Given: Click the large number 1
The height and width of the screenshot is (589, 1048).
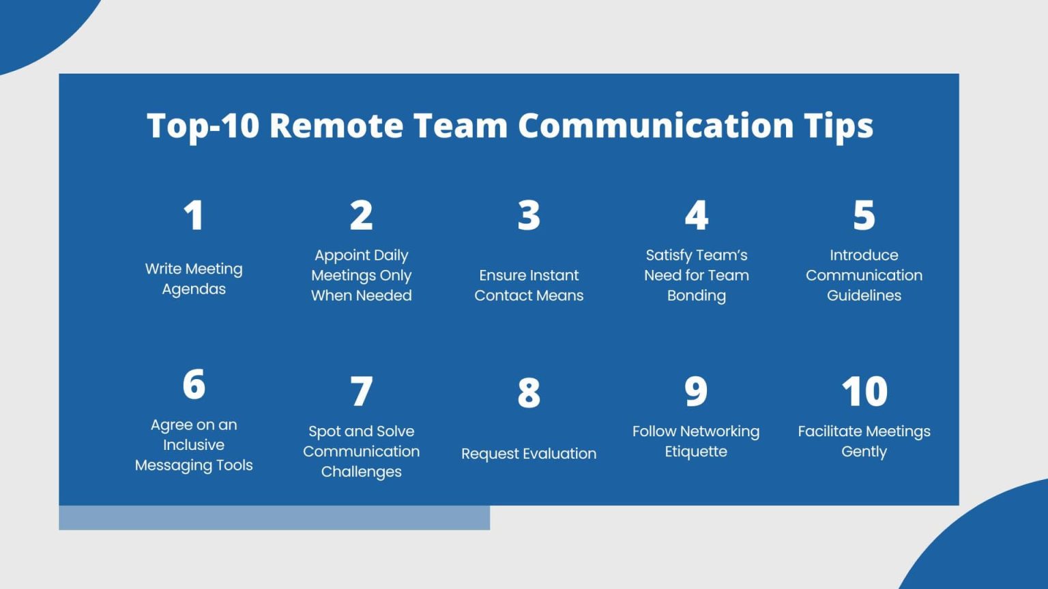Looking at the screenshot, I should (194, 215).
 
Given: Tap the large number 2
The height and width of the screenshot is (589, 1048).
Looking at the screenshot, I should (362, 215).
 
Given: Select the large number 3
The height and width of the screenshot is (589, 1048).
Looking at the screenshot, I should (529, 215).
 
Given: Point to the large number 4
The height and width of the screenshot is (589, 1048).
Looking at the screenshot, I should (697, 215).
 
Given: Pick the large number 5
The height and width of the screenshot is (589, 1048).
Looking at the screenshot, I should (864, 215).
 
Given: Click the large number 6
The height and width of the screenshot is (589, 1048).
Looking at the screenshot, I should (194, 384).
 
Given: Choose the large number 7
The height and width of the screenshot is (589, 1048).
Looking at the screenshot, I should (362, 391).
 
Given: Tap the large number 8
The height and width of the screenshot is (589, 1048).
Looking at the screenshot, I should (529, 393).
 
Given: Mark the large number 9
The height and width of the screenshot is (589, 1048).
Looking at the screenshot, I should (696, 391).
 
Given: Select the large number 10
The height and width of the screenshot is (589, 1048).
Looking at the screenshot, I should (864, 391).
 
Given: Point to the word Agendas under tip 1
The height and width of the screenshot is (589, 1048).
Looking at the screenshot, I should (194, 290).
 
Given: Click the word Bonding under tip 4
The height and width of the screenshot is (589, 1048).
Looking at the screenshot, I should (697, 296).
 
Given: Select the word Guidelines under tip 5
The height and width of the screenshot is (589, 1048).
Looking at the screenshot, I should (864, 296).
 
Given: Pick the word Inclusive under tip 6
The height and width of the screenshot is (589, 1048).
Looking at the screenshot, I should (194, 445).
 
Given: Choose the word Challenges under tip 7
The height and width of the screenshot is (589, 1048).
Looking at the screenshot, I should (362, 472).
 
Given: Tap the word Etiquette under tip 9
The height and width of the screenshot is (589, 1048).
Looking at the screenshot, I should (696, 452).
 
